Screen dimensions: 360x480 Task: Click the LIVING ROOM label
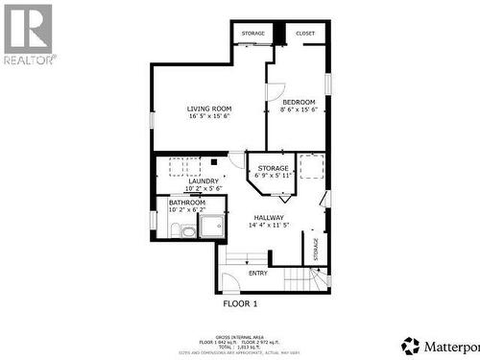(208, 108)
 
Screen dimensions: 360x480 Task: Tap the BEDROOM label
(298, 102)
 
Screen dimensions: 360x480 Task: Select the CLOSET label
(305, 34)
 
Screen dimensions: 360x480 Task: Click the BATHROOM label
(187, 203)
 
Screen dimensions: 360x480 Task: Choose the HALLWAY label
(269, 218)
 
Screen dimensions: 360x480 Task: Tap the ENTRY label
(258, 274)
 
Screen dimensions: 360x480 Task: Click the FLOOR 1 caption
(240, 303)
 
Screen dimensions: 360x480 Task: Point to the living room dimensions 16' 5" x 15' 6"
(209, 116)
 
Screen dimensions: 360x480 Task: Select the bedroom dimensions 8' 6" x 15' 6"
(298, 110)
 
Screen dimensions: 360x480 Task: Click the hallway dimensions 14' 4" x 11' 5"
(269, 226)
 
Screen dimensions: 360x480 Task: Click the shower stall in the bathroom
(210, 226)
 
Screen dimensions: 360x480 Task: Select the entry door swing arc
(230, 281)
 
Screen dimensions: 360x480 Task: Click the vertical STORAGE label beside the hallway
(316, 246)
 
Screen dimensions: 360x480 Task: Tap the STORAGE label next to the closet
(252, 34)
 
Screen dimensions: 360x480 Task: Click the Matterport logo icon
(411, 345)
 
